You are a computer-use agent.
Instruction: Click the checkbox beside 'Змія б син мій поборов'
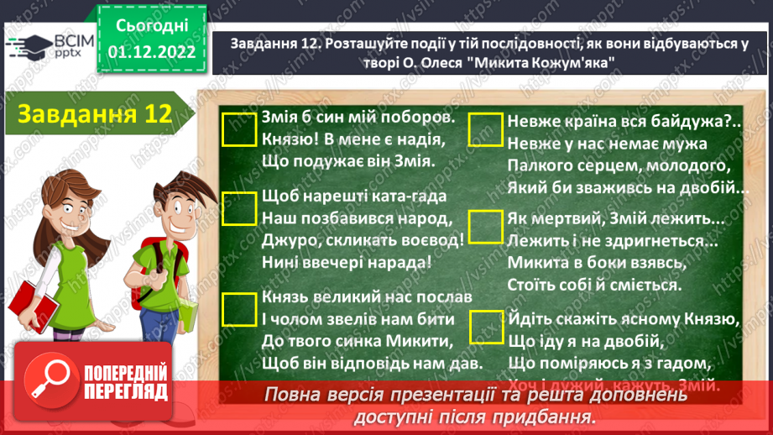tap(240, 131)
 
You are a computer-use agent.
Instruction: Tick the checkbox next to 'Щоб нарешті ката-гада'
tap(240, 208)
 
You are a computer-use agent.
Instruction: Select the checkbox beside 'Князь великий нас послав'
tap(240, 309)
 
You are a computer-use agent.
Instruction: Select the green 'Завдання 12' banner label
tap(94, 114)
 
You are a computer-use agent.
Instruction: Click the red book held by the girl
tap(29, 303)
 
